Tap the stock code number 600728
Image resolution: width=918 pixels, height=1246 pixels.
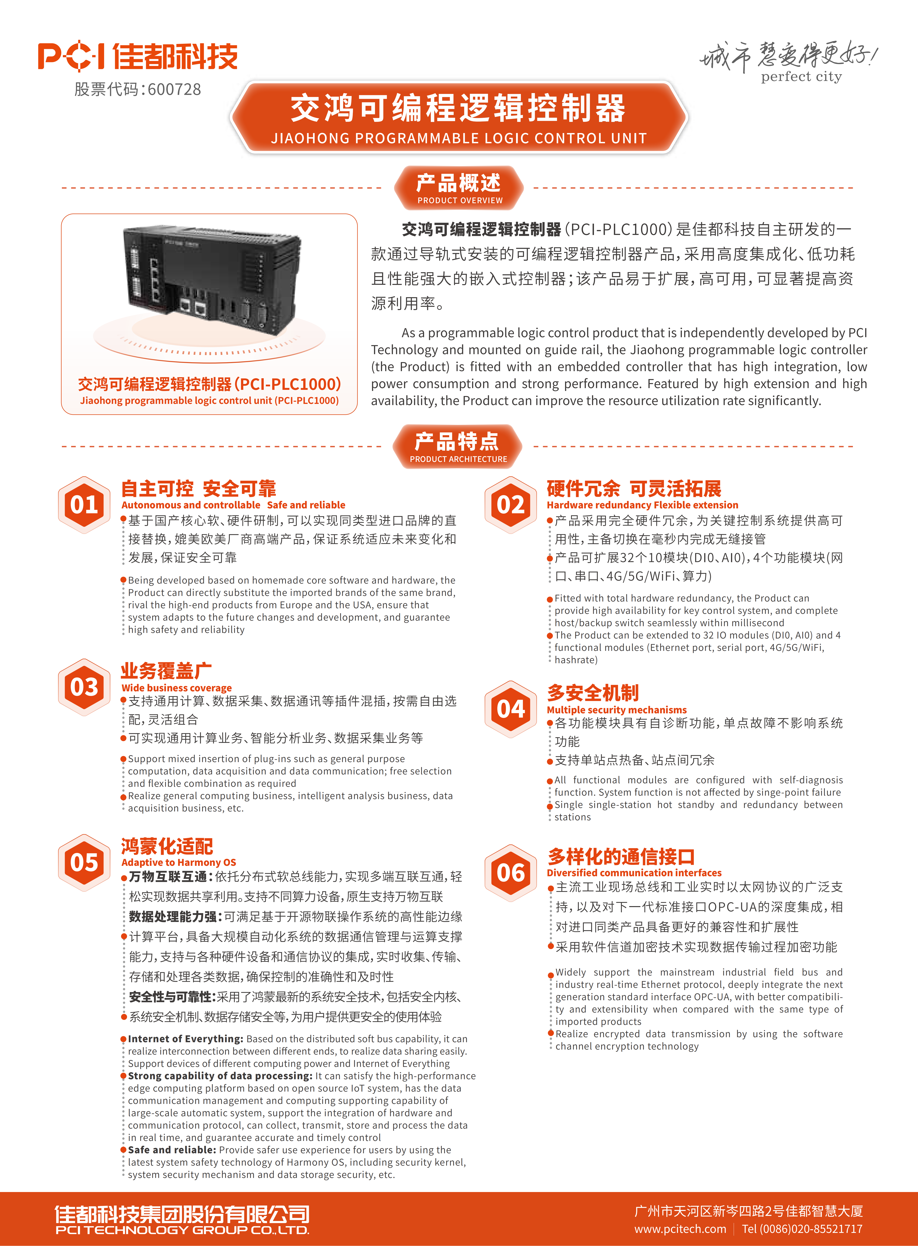point(174,89)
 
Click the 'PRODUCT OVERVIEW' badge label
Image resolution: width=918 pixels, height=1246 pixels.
point(460,201)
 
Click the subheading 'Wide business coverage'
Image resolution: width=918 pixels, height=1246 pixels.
point(176,688)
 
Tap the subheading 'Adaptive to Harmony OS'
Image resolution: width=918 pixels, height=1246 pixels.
point(178,863)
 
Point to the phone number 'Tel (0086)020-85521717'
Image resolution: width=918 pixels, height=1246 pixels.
point(802,1229)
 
